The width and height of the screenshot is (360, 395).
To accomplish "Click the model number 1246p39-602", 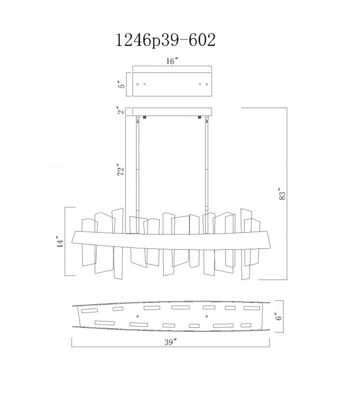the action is click(x=165, y=40).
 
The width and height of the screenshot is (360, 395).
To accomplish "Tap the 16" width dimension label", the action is click(x=172, y=61).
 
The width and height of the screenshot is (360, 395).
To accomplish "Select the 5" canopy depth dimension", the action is click(x=122, y=84).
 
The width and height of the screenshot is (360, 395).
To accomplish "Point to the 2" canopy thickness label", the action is click(x=122, y=110).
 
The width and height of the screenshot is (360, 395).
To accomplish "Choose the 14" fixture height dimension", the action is click(x=61, y=242).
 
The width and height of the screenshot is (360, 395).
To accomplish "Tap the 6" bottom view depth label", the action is click(x=279, y=316).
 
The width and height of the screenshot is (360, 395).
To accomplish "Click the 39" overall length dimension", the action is click(x=171, y=342).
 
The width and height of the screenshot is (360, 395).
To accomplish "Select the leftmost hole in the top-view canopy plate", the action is click(x=138, y=84).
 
